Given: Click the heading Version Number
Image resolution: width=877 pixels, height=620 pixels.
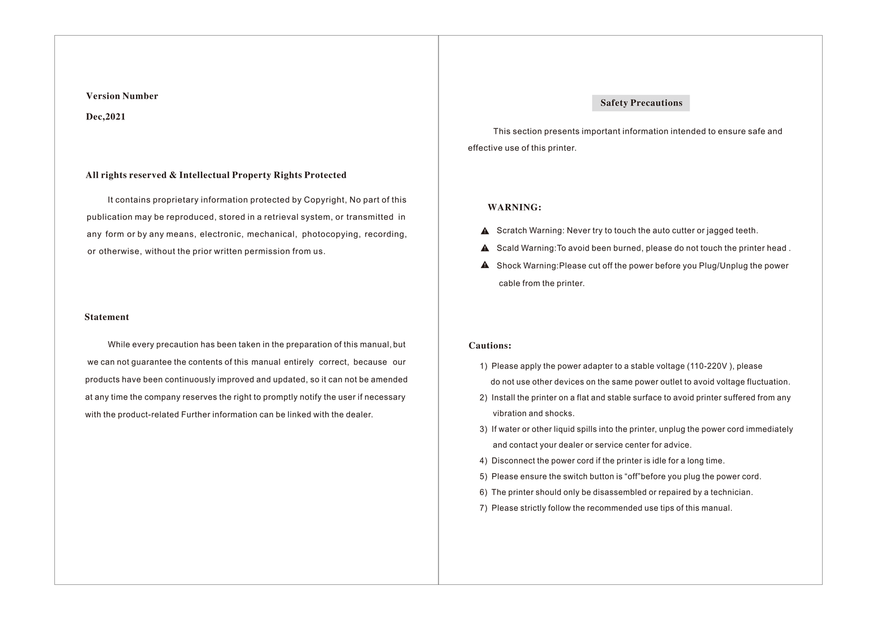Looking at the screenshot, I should point(122,96).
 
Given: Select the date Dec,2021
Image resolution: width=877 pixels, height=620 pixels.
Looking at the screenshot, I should point(106,117).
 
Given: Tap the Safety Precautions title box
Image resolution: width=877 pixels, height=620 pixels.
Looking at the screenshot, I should point(641,103).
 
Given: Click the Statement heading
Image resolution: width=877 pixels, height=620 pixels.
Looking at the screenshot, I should point(107,317).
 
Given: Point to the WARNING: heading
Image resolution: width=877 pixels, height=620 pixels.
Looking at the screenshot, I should point(514,207).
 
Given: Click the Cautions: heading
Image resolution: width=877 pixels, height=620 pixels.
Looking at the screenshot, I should point(489,345).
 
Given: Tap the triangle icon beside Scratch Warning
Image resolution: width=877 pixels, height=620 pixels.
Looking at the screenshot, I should point(485,231).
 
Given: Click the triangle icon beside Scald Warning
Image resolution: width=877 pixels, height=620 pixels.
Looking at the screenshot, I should point(485,248).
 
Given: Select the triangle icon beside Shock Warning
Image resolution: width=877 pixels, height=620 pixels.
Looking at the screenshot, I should point(485,265).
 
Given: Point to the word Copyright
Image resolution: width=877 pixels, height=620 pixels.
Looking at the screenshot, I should point(324,200).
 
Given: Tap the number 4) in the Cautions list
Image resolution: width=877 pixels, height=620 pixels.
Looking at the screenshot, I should point(483,461).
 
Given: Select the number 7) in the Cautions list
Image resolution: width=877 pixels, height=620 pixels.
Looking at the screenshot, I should point(483,508).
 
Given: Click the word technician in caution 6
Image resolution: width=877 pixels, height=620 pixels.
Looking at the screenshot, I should point(731,492).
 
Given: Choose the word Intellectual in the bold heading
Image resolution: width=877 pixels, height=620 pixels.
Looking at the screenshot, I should point(204,175).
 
